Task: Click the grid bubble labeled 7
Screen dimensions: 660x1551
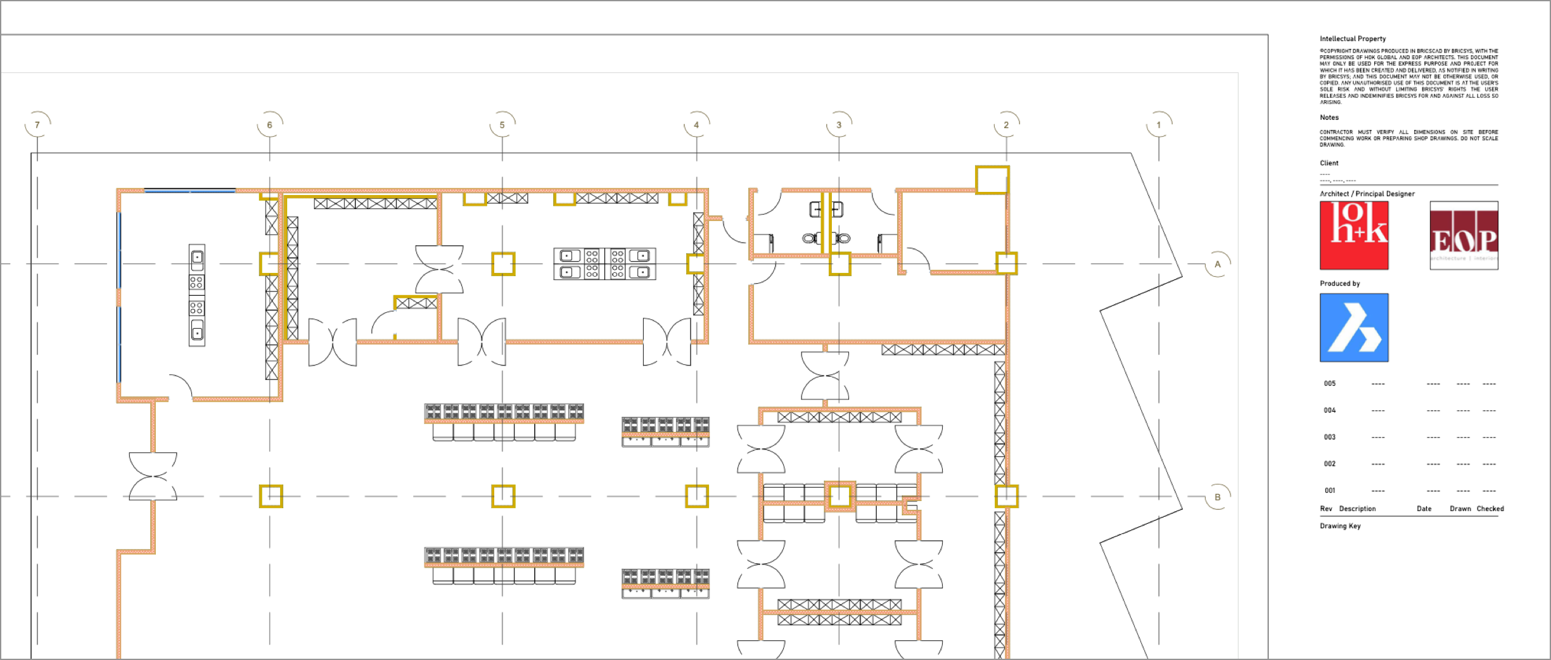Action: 37,125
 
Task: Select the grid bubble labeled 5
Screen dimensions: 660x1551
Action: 502,125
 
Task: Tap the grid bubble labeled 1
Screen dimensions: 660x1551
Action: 1159,125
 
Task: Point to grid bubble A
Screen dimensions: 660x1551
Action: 1217,264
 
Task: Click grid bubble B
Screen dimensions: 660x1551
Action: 1217,497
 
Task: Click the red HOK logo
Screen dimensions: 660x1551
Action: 1354,236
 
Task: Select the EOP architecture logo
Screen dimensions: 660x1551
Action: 1464,236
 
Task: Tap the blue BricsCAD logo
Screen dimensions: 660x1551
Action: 1354,327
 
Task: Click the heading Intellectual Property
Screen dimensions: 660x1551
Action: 1353,39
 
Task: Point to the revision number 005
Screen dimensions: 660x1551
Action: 1329,383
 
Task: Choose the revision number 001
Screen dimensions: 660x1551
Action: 1329,490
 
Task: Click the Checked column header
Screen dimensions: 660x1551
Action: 1490,509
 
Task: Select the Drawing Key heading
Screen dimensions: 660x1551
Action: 1340,526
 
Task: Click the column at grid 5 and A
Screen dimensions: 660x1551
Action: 503,263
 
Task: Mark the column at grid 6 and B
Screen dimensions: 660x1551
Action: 271,497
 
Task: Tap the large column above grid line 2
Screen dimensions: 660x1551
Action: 992,180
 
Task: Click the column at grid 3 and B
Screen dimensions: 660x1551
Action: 839,496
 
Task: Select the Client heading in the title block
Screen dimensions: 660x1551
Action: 1329,163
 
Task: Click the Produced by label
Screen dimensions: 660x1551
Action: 1339,283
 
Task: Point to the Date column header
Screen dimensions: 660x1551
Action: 1424,509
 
